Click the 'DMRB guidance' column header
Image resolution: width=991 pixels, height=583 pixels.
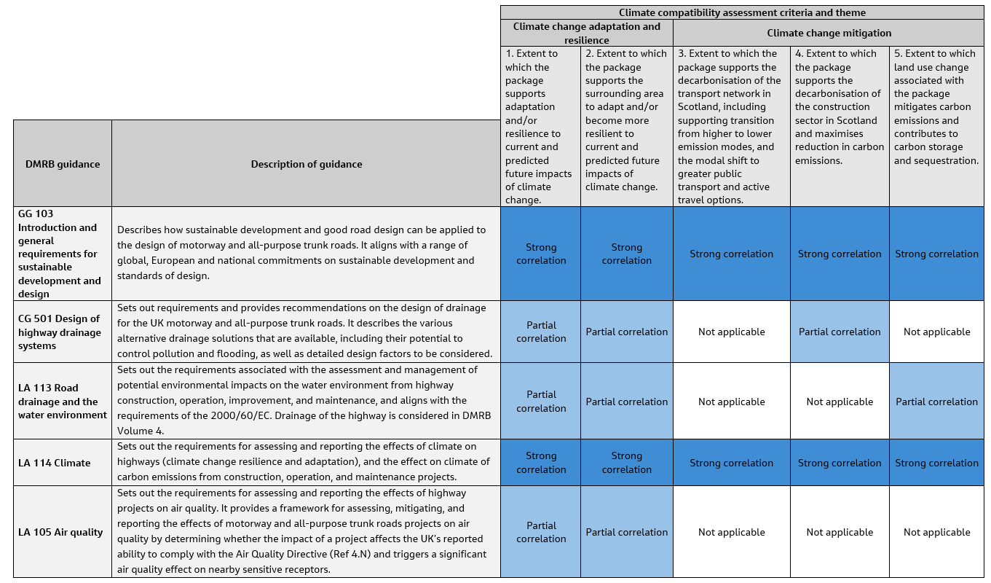coord(63,164)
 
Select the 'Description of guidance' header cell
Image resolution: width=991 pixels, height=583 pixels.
coord(306,164)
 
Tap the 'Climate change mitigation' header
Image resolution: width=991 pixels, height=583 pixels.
coord(829,33)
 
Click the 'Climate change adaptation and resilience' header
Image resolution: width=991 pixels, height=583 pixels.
coord(586,33)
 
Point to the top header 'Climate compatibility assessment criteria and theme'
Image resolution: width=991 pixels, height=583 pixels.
coord(742,12)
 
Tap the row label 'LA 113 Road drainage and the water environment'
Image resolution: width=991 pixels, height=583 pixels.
coord(63,401)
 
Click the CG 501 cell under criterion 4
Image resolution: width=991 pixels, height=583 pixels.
coord(840,332)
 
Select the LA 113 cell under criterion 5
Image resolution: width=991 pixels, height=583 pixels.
coord(936,402)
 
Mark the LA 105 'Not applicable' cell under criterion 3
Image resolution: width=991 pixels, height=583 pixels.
coord(731,532)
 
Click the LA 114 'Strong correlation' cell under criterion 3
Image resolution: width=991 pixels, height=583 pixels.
coord(731,463)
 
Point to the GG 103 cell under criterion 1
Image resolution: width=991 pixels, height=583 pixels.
coord(541,254)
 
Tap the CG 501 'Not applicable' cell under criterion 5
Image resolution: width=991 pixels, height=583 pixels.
coord(936,332)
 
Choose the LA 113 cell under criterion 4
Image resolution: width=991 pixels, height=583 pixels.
coord(840,402)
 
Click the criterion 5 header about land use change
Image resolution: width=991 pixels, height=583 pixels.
coord(936,107)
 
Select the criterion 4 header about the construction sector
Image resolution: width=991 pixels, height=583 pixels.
coord(840,107)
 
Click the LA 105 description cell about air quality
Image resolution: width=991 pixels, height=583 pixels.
coord(306,532)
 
